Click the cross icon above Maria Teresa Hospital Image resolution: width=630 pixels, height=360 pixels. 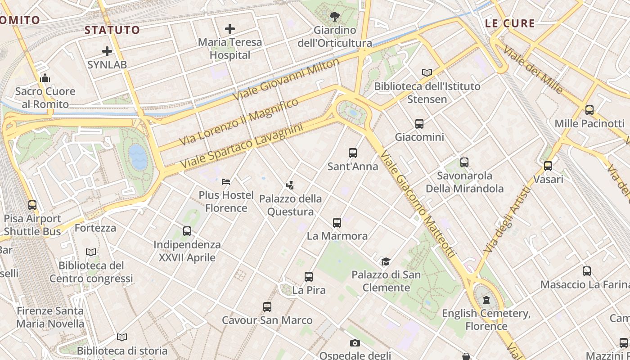230,29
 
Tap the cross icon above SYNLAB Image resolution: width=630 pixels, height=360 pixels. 107,51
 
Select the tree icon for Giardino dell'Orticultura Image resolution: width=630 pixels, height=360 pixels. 334,17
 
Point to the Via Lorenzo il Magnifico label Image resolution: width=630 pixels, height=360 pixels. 239,121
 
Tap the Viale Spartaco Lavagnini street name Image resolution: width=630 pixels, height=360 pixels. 242,147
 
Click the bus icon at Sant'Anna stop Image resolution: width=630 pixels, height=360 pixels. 353,153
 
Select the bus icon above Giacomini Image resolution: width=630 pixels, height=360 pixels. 419,124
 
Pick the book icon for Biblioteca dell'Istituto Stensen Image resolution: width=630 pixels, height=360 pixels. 427,72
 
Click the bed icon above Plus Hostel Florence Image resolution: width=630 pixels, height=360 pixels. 226,182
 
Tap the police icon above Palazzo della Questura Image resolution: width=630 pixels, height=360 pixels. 290,185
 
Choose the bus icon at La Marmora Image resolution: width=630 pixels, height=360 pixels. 337,222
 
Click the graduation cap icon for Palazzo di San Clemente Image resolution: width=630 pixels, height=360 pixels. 386,261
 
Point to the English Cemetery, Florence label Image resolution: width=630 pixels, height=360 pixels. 486,319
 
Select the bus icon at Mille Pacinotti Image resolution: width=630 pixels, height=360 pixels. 589,110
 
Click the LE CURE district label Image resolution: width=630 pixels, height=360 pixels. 510,23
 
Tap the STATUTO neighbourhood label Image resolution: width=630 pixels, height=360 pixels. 112,30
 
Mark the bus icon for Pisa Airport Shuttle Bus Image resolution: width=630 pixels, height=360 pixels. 32,205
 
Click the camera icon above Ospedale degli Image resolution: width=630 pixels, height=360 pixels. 355,343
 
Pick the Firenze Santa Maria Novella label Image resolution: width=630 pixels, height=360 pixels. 50,317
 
